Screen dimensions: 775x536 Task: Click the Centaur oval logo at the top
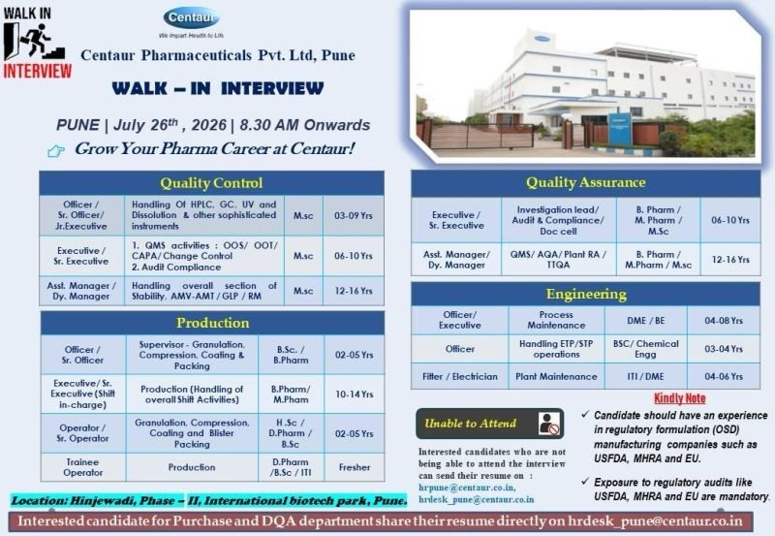pos(191,18)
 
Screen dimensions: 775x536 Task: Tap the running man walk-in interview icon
pos(34,41)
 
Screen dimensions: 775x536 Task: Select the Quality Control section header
pos(211,183)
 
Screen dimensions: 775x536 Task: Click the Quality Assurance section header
pos(586,183)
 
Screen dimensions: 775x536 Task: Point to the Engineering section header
pos(586,295)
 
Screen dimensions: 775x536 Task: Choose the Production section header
pos(212,323)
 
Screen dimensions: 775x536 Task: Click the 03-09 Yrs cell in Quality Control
pos(354,215)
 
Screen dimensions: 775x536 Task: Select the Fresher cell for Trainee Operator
pos(355,467)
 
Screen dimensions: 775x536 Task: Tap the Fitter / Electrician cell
pos(459,376)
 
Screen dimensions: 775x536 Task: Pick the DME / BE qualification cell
pos(646,321)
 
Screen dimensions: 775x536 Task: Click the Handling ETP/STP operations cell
pos(556,349)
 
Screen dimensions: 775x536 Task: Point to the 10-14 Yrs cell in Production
pos(355,394)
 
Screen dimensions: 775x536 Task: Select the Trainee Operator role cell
pos(83,467)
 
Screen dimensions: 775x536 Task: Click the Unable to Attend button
pos(490,424)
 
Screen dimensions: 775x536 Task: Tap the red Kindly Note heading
pos(680,398)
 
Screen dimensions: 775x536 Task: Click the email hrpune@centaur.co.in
pos(467,488)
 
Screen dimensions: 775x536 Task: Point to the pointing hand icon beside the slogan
pos(56,150)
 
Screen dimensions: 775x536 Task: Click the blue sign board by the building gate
pos(620,130)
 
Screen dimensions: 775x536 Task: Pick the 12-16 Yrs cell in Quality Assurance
pos(730,259)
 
